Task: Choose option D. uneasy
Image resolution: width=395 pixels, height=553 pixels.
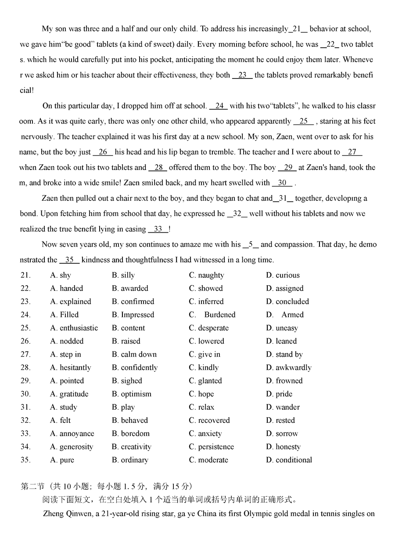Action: (x=282, y=328)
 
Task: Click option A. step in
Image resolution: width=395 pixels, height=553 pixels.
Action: (x=66, y=354)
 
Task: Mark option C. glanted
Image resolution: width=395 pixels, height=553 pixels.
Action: (x=205, y=381)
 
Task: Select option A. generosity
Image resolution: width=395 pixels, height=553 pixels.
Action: (x=72, y=447)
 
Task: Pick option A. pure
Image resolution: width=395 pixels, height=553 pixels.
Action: (x=62, y=460)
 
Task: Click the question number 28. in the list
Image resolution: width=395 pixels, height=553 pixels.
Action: (x=25, y=368)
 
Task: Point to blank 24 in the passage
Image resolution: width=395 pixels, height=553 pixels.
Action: (x=219, y=106)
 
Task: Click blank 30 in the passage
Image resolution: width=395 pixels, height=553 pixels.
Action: (x=282, y=183)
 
